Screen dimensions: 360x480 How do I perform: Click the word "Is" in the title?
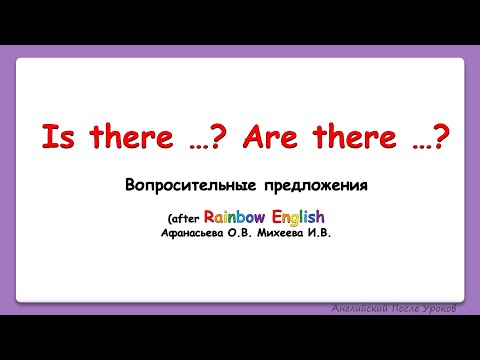point(56,137)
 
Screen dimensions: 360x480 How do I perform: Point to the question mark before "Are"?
point(218,137)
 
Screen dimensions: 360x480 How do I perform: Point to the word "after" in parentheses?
point(182,217)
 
